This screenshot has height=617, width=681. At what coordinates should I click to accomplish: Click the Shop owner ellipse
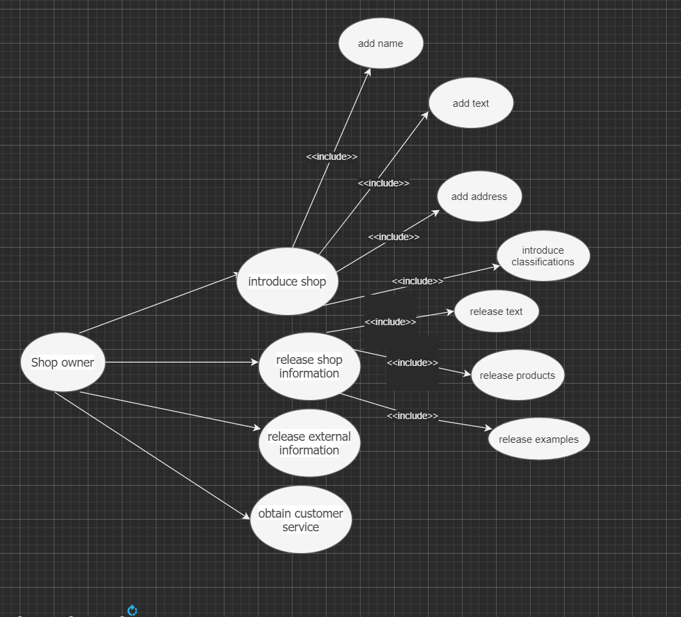pos(63,362)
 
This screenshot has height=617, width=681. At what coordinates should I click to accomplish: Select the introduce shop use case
pos(287,281)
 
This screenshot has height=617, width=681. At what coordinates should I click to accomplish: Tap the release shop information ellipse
pos(309,367)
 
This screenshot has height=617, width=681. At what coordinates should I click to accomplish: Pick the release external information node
pos(309,444)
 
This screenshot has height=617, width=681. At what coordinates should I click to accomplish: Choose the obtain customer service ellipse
pos(301,520)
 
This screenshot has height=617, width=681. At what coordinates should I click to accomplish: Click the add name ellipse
pos(381,44)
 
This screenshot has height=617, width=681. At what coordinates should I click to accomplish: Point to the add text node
pos(471,103)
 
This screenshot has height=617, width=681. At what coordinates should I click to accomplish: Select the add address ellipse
pos(479,197)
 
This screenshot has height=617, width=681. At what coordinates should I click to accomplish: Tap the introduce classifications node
pos(543,256)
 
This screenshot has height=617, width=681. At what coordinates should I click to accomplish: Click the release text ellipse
pos(497,312)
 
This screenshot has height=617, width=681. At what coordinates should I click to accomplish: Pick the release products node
pos(517,376)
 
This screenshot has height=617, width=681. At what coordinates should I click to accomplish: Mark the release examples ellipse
pos(539,439)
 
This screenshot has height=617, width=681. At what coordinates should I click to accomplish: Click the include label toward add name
pos(331,156)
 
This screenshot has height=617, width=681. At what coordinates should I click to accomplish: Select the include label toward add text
pos(384,183)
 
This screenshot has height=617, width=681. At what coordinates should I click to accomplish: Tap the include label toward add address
pos(393,237)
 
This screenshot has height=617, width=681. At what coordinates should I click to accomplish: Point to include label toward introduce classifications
pos(417,281)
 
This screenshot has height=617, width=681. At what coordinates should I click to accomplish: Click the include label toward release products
pos(412,363)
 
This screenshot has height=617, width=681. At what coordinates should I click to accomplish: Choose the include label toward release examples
pos(412,416)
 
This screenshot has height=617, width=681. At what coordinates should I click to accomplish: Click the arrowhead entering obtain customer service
pos(247,518)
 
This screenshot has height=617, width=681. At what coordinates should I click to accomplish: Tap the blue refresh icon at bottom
pos(132,610)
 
